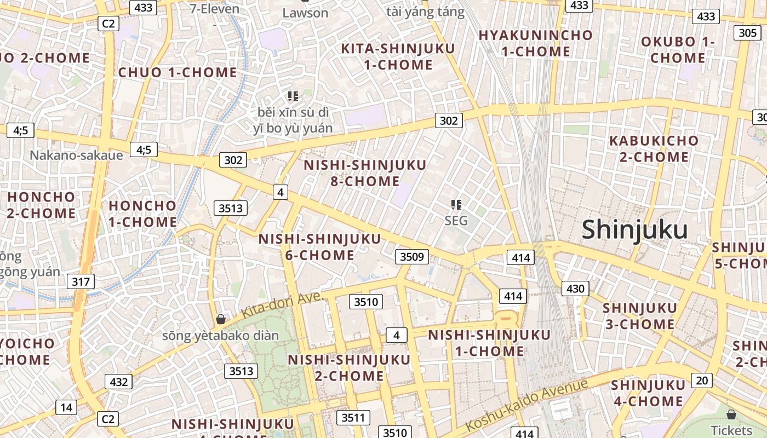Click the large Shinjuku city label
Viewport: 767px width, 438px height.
click(634, 230)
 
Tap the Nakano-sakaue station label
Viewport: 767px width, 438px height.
click(76, 155)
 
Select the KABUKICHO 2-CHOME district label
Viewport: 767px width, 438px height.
click(654, 149)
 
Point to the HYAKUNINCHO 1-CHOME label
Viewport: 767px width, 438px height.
click(535, 43)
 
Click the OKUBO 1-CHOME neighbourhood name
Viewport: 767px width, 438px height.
click(678, 50)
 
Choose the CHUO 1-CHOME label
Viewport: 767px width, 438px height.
click(178, 72)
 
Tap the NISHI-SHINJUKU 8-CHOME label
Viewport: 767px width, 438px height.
click(365, 173)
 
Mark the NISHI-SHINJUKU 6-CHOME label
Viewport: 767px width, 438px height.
click(319, 247)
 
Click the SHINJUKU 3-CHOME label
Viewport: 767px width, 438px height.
click(639, 316)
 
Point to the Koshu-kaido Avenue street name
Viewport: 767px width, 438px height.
click(526, 405)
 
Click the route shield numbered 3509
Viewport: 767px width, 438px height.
click(411, 256)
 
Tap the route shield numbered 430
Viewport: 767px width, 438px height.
click(575, 289)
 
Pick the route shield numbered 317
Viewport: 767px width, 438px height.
click(81, 282)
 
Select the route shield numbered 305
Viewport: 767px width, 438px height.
click(747, 33)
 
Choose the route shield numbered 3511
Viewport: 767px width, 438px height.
click(352, 418)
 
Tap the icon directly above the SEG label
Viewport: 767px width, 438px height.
click(456, 205)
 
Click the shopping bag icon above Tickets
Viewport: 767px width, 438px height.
click(731, 414)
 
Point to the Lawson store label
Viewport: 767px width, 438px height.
click(305, 13)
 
